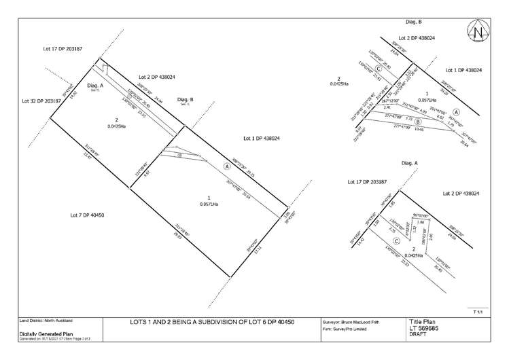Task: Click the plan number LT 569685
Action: [x=425, y=329]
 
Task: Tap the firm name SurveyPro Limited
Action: [x=346, y=328]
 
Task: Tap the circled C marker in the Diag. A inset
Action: [x=376, y=240]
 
